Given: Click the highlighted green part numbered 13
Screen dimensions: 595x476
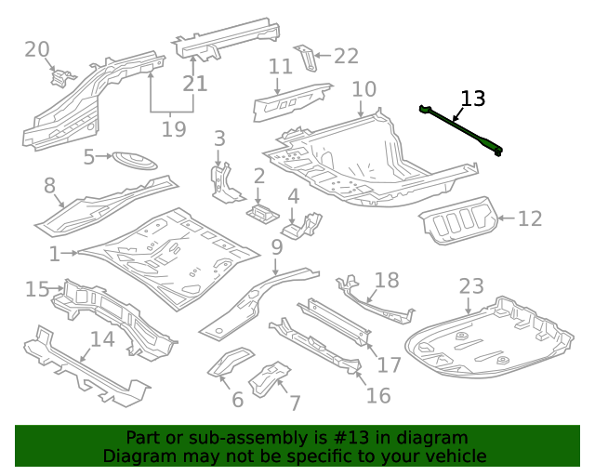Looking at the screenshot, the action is pos(461,130).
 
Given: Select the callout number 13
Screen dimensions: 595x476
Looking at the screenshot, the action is pos(473,99).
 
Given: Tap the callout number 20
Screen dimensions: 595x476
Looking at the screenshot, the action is pos(37,49).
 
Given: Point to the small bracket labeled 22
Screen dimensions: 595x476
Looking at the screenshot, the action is pos(307,58).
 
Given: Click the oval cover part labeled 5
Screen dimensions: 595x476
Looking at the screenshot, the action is pos(135,160).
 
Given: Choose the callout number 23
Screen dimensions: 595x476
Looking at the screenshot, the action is pos(471,286).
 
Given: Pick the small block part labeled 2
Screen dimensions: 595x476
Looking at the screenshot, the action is pos(263,213).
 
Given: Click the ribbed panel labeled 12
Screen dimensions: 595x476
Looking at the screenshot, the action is pos(458,219).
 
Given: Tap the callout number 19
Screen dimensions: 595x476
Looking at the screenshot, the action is pos(174,129).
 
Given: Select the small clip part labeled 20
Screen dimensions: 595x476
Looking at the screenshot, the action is pos(62,77).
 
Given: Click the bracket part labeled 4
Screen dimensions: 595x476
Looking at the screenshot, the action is pos(302,226).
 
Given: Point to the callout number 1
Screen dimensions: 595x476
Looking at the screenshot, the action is pos(55,254).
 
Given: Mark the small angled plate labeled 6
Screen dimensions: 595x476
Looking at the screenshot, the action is pos(230,361).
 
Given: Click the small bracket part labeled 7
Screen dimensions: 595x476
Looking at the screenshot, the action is pos(269,378).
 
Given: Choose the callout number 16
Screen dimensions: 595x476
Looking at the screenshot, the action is pos(378,395).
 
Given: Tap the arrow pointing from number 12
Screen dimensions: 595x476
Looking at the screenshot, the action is pos(506,218).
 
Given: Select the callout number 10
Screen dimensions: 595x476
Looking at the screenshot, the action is pos(364,89).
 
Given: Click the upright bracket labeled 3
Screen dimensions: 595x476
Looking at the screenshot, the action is pos(227,183).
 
